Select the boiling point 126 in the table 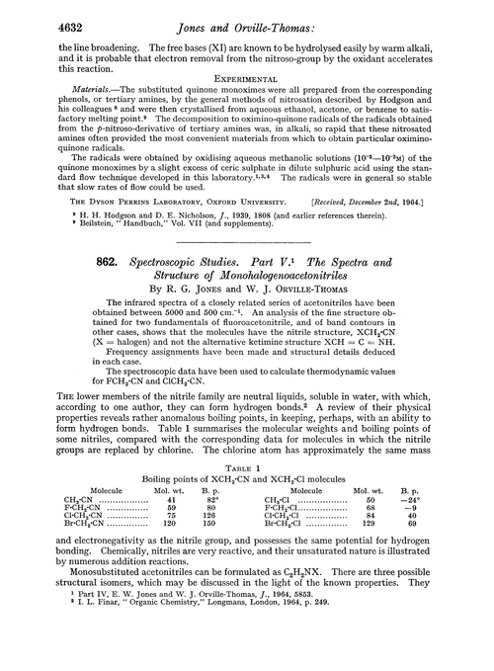click(208, 516)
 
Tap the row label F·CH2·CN click(78, 507)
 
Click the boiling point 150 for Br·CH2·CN click(208, 525)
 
